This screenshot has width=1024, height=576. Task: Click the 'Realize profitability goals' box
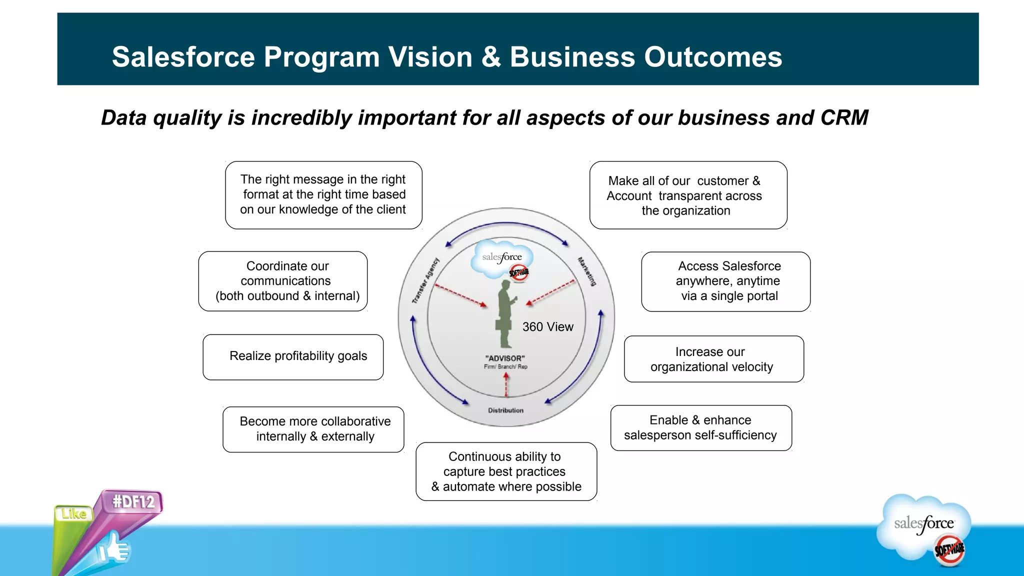point(293,357)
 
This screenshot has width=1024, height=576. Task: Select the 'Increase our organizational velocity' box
point(713,359)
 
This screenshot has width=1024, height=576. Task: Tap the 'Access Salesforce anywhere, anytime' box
point(725,281)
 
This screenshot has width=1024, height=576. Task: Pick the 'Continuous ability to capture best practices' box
point(506,471)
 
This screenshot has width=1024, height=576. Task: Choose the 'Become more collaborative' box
point(313,429)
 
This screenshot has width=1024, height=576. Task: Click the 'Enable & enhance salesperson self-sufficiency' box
point(700,428)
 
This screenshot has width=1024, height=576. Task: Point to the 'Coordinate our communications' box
point(283,281)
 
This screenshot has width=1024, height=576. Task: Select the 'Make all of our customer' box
point(688,195)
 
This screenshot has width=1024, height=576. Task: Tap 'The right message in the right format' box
point(323,195)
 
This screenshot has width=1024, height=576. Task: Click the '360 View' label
point(547,327)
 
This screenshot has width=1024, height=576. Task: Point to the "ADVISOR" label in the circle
point(505,358)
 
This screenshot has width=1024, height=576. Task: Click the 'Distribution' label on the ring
point(505,410)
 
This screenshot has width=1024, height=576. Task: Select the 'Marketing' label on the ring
point(587,271)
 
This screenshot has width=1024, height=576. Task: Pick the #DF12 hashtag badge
point(133,501)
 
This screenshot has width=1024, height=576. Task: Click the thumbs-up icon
point(114,549)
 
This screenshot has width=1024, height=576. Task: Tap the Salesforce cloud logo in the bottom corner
point(925,527)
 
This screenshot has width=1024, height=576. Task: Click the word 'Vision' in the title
point(430,57)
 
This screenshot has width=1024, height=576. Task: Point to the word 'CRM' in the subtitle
point(844,118)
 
